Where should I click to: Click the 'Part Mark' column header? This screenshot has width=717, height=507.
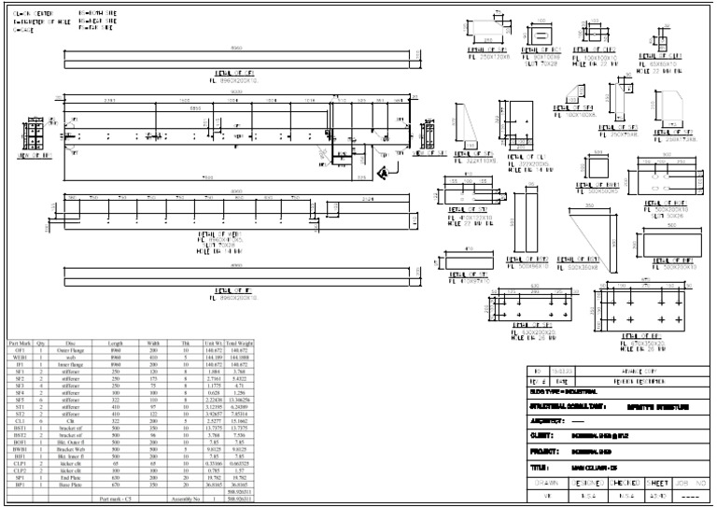(19, 344)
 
